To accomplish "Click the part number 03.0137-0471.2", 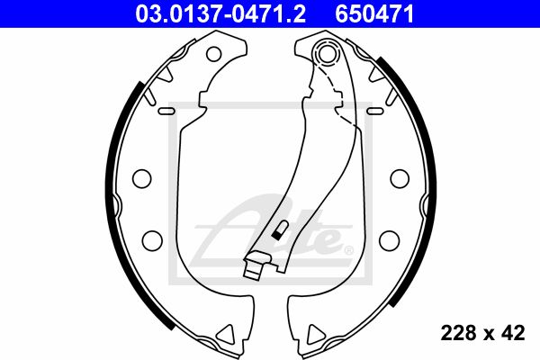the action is pyautogui.click(x=220, y=14).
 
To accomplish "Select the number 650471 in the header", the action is pyautogui.click(x=374, y=14).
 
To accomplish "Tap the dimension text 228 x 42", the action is pyautogui.click(x=482, y=333).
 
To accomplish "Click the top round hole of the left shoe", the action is pyautogui.click(x=213, y=54).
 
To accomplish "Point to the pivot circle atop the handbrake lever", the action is pyautogui.click(x=327, y=53).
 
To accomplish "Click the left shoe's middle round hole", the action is pyautogui.click(x=142, y=178).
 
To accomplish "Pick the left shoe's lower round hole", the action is pyautogui.click(x=152, y=240).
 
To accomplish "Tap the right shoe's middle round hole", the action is pyautogui.click(x=400, y=178).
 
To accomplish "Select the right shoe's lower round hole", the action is pyautogui.click(x=390, y=240).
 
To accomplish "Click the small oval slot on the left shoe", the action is pyautogui.click(x=166, y=111).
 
